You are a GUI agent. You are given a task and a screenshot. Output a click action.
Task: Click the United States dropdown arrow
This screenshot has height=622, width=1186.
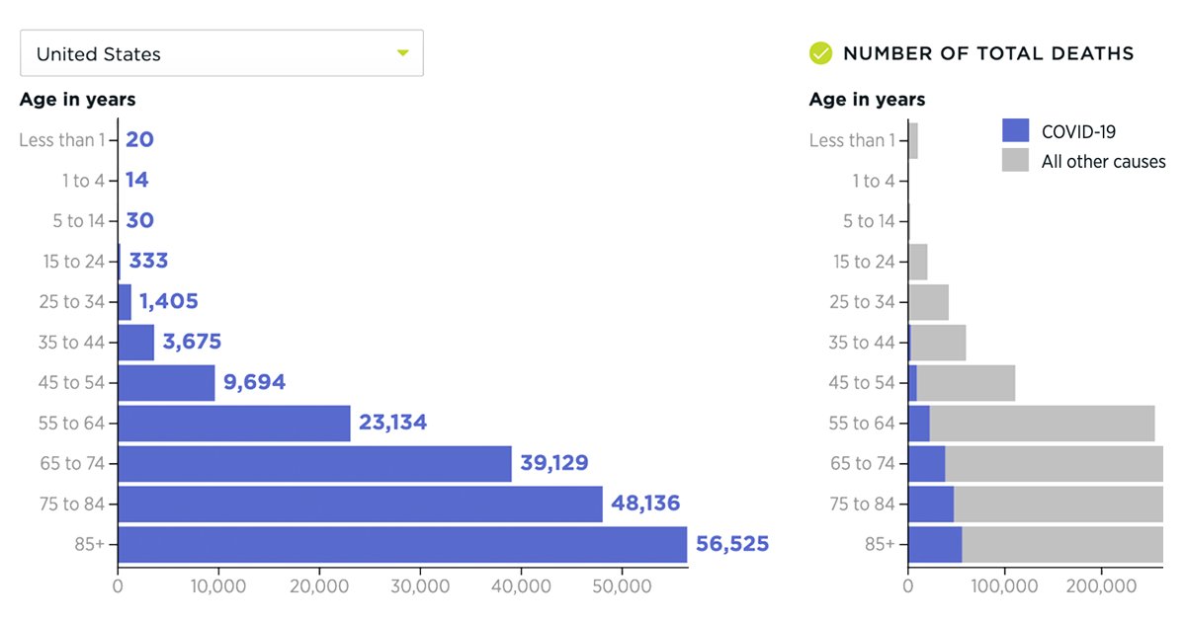(402, 53)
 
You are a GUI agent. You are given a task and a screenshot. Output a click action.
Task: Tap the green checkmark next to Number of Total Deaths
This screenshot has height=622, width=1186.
(820, 53)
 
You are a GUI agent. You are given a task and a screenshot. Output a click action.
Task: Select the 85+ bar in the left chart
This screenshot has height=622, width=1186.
(402, 544)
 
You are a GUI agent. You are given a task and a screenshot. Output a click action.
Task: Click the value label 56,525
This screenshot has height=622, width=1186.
(731, 544)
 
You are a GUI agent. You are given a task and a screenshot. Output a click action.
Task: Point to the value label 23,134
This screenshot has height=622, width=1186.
(392, 423)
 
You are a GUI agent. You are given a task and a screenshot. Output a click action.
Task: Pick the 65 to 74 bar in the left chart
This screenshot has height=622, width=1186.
(314, 463)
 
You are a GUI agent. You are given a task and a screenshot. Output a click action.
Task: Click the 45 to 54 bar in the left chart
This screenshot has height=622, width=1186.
(166, 382)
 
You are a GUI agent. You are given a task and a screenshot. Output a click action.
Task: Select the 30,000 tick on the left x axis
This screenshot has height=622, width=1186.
(420, 585)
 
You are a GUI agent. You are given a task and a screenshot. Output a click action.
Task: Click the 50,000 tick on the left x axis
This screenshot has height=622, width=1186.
(622, 585)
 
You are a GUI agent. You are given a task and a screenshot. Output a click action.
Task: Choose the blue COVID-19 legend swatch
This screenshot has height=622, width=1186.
(1015, 130)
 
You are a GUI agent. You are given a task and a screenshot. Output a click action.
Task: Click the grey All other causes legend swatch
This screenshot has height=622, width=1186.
(1015, 160)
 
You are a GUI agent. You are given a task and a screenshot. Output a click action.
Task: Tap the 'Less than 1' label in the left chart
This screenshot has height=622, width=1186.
(61, 140)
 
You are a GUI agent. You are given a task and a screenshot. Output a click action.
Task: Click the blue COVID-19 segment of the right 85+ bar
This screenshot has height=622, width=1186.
(935, 544)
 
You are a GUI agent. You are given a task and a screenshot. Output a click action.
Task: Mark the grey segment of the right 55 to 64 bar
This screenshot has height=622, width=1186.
(1042, 423)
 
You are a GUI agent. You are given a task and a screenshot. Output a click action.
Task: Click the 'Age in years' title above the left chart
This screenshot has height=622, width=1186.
(77, 100)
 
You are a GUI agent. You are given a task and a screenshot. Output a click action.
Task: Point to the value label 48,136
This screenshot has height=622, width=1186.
(645, 504)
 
